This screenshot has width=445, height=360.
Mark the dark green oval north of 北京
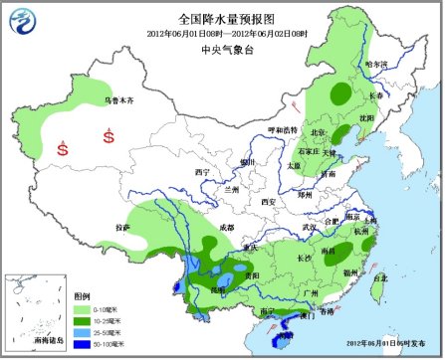[340, 94]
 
